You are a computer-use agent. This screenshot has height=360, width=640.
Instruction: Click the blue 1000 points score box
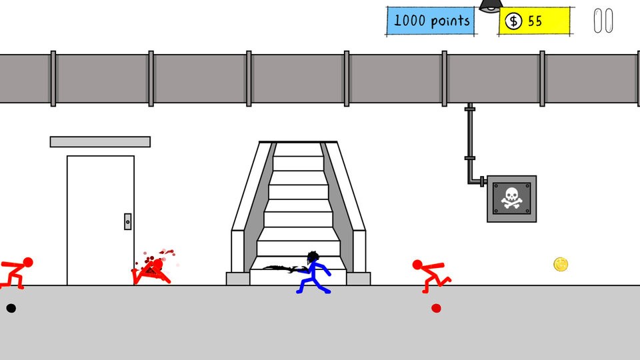(x=430, y=21)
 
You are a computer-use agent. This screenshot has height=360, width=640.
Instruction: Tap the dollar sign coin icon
(x=513, y=21)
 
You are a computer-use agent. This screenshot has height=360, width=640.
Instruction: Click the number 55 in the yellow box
(x=535, y=21)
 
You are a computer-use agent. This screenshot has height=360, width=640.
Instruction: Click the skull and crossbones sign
(x=511, y=199)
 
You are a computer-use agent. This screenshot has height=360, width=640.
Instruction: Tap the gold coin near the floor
(x=561, y=265)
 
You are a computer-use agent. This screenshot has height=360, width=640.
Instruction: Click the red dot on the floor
(x=436, y=308)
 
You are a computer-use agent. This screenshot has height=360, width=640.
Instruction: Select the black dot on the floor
(x=11, y=308)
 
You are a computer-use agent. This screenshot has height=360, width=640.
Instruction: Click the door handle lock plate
(x=128, y=221)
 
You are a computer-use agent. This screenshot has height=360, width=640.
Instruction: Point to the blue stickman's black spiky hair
(x=313, y=257)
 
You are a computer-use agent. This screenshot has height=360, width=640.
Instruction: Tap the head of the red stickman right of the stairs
(x=417, y=265)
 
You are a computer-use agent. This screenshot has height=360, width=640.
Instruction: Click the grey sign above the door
(x=100, y=141)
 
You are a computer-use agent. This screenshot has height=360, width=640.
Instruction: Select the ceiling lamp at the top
(x=491, y=6)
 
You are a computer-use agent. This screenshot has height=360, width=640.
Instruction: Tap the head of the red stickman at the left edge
(x=28, y=262)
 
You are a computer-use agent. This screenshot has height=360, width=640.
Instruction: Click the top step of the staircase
(x=299, y=149)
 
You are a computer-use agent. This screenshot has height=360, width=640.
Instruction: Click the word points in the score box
(x=450, y=21)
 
